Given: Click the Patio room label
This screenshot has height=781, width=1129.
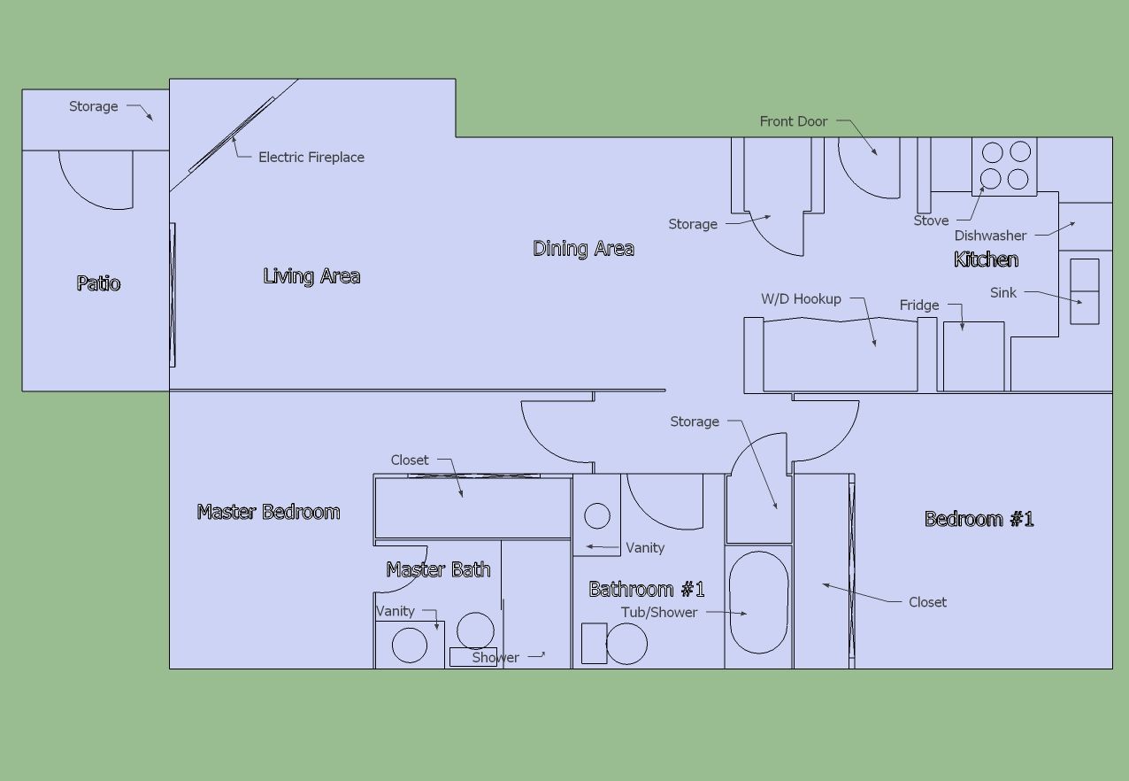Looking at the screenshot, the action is (98, 283).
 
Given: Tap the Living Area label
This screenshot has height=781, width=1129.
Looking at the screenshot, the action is (311, 276).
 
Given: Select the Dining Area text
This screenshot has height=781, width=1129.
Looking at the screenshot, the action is (583, 248).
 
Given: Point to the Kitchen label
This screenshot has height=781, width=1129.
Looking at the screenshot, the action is (986, 259).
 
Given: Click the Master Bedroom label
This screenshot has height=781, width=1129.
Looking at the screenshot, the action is (268, 512).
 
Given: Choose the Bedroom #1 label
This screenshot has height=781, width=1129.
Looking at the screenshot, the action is (979, 519).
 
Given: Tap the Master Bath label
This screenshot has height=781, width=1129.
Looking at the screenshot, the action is (438, 569).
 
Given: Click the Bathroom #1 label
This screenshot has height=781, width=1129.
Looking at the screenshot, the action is (647, 589).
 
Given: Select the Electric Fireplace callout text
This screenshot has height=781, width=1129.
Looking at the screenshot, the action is (311, 157).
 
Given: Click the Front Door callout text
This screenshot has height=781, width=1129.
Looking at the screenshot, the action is (794, 121).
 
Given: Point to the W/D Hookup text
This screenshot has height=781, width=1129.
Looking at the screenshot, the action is (801, 298).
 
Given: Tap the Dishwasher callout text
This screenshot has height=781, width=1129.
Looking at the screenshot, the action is (990, 236).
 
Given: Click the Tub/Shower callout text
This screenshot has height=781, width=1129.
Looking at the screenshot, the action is (659, 612).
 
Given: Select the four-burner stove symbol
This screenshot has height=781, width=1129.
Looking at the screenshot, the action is (1004, 166).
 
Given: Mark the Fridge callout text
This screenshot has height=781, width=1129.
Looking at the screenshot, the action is (919, 305).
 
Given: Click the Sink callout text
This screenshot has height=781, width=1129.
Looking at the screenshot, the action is (1003, 292).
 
